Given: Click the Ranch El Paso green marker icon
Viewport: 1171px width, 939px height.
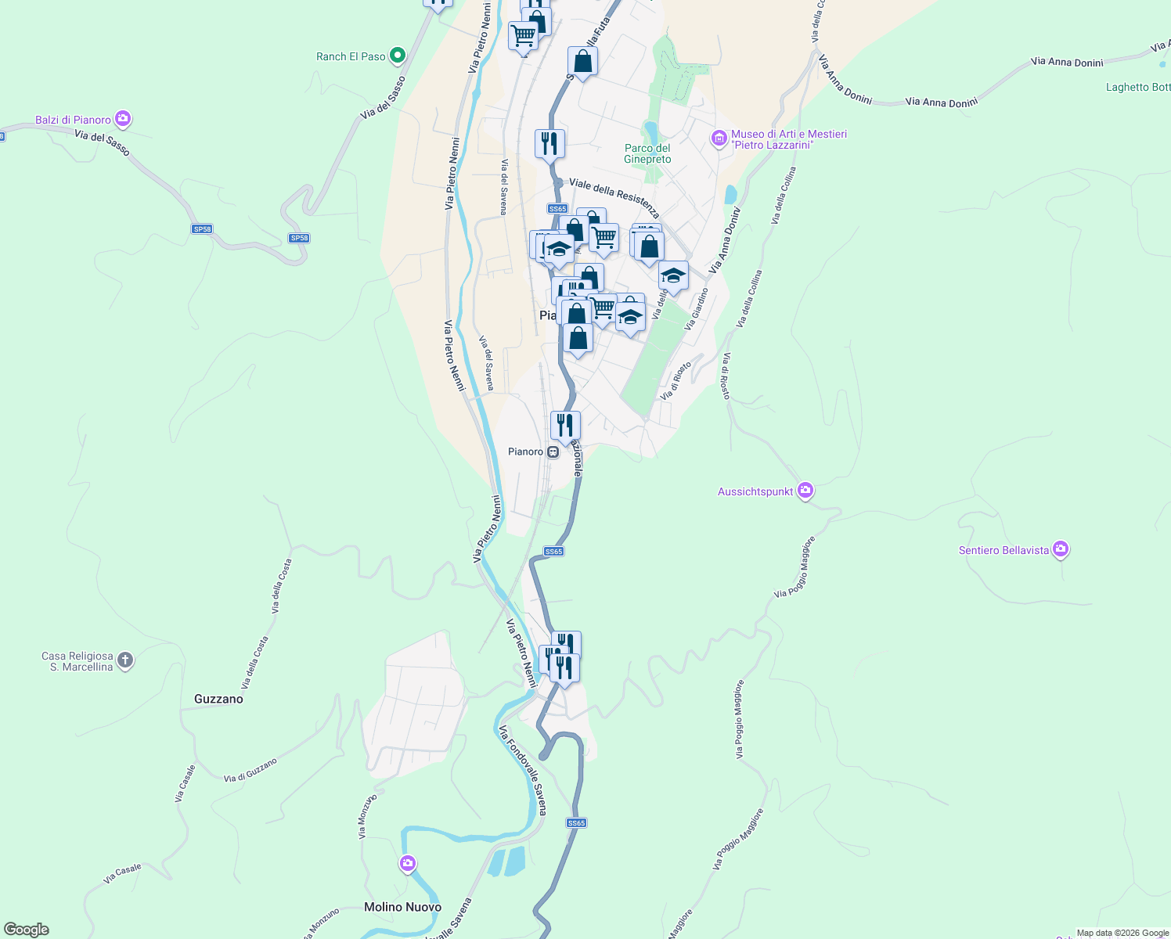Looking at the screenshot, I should [398, 56].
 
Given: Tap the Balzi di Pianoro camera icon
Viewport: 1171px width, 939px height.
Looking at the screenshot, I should [122, 119].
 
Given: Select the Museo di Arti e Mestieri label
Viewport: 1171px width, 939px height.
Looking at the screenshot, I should [788, 139].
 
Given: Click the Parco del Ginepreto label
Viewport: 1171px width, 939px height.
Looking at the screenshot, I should [647, 153].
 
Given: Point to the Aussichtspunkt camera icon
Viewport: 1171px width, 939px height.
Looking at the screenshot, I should [805, 491].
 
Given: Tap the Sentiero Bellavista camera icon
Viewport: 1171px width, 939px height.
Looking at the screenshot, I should [1061, 549].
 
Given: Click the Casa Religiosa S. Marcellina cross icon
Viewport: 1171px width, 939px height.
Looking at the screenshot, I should [125, 660].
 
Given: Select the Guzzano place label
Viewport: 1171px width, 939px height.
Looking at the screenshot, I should [218, 699].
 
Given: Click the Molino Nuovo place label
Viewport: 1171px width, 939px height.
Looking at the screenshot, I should [402, 907].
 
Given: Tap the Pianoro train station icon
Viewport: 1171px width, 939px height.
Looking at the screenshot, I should [553, 452].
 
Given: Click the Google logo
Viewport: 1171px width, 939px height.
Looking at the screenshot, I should [27, 930].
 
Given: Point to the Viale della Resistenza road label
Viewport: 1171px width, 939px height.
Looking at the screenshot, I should [614, 197].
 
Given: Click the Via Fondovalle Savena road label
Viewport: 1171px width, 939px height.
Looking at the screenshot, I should [522, 770].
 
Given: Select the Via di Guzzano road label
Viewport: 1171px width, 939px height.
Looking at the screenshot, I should [250, 770].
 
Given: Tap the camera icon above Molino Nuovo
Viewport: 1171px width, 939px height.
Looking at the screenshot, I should [407, 863].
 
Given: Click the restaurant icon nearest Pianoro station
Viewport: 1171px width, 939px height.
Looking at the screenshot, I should [565, 426].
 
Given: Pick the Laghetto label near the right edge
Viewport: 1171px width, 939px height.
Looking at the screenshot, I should [1137, 87].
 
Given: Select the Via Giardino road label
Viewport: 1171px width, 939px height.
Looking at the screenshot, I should [696, 308].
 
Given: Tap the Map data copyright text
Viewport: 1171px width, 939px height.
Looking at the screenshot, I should [1122, 933].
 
